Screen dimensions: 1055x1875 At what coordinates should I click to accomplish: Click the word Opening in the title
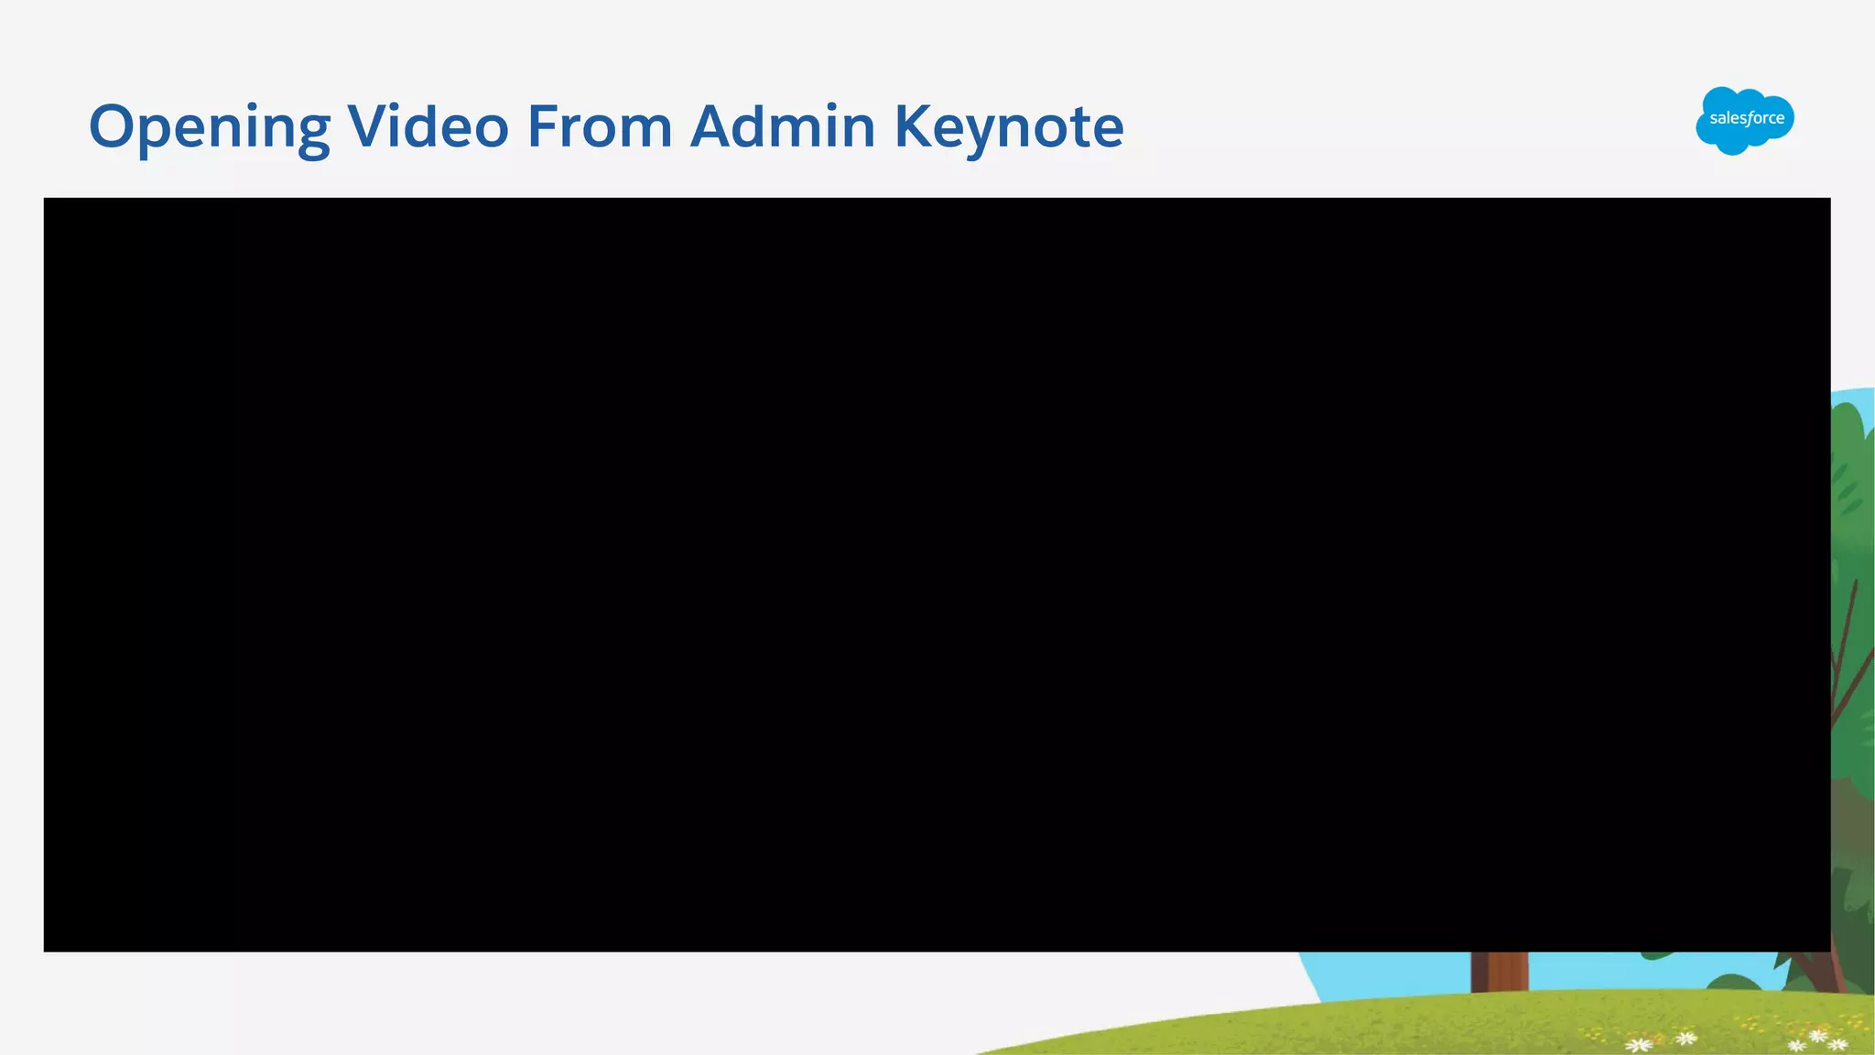pyautogui.click(x=209, y=126)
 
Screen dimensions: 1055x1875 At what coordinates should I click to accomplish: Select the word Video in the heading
pyautogui.click(x=428, y=125)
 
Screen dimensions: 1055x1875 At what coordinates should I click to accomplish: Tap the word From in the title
pyautogui.click(x=600, y=125)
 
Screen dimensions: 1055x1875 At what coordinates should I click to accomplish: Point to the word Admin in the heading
pyautogui.click(x=783, y=125)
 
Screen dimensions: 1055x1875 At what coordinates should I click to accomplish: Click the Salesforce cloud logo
pyautogui.click(x=1744, y=120)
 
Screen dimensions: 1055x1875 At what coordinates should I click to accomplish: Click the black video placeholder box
pyautogui.click(x=937, y=574)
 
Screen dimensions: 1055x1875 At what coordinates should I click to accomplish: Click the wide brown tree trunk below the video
pyautogui.click(x=1499, y=972)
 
